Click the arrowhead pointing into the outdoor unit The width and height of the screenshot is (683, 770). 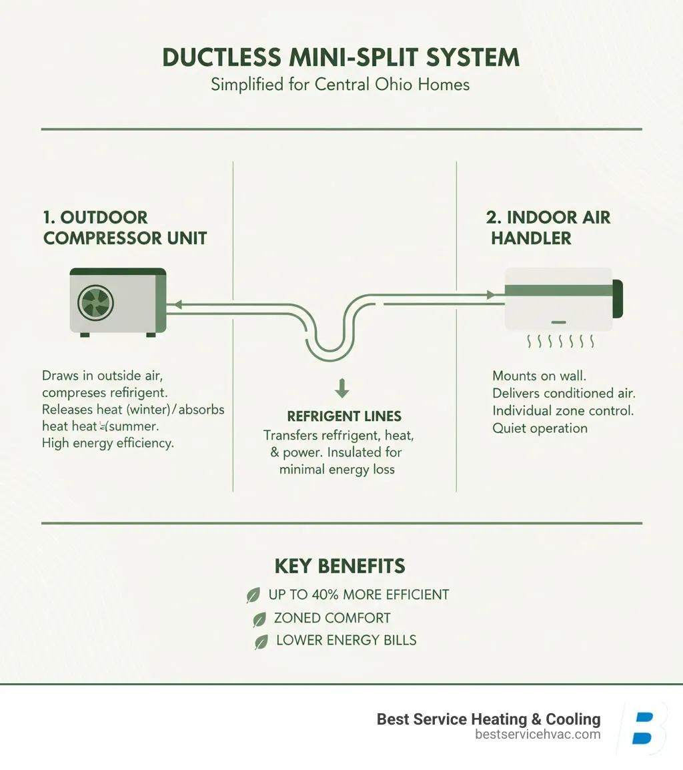[177, 305]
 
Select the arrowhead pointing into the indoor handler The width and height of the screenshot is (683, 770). [490, 294]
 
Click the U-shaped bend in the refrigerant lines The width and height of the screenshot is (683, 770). [332, 340]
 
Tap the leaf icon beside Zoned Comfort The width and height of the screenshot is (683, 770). [259, 620]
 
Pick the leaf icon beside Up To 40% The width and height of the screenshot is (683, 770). [253, 596]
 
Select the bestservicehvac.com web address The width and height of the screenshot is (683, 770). [538, 735]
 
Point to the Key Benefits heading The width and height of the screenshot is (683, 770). [340, 566]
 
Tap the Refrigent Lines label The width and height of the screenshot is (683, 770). [344, 416]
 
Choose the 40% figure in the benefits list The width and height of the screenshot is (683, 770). [321, 595]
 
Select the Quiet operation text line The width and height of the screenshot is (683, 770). [540, 428]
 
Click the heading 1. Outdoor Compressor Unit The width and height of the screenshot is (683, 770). [125, 228]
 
